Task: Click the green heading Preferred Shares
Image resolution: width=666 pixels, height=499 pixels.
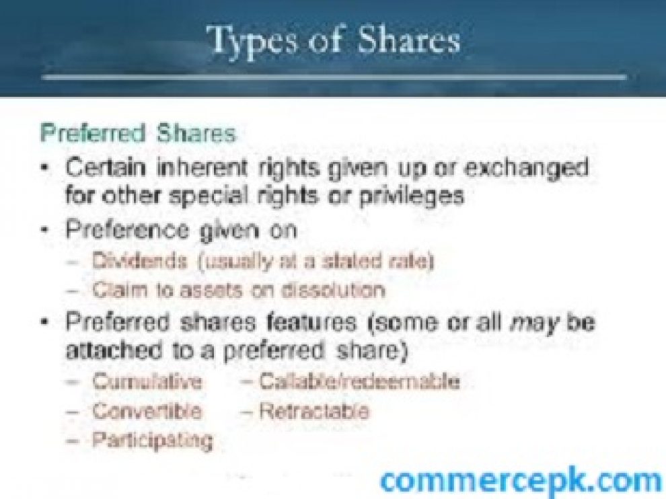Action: click(x=138, y=133)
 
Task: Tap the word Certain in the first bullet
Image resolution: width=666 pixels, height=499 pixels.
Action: click(x=105, y=167)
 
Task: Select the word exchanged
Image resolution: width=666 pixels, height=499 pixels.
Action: click(x=526, y=169)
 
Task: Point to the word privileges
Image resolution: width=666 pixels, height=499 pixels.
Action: click(x=411, y=196)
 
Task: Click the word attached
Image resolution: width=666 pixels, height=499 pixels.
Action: click(x=114, y=350)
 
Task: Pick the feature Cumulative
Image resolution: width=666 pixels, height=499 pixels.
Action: click(x=147, y=381)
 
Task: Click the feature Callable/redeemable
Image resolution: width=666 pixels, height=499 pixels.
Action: click(x=359, y=381)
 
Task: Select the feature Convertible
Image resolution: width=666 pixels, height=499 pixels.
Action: click(x=147, y=411)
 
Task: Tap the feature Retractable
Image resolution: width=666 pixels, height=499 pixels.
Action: click(x=314, y=411)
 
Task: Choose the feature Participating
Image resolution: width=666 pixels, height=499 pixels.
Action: click(x=153, y=440)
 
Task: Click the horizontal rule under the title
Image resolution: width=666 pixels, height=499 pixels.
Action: click(x=334, y=77)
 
